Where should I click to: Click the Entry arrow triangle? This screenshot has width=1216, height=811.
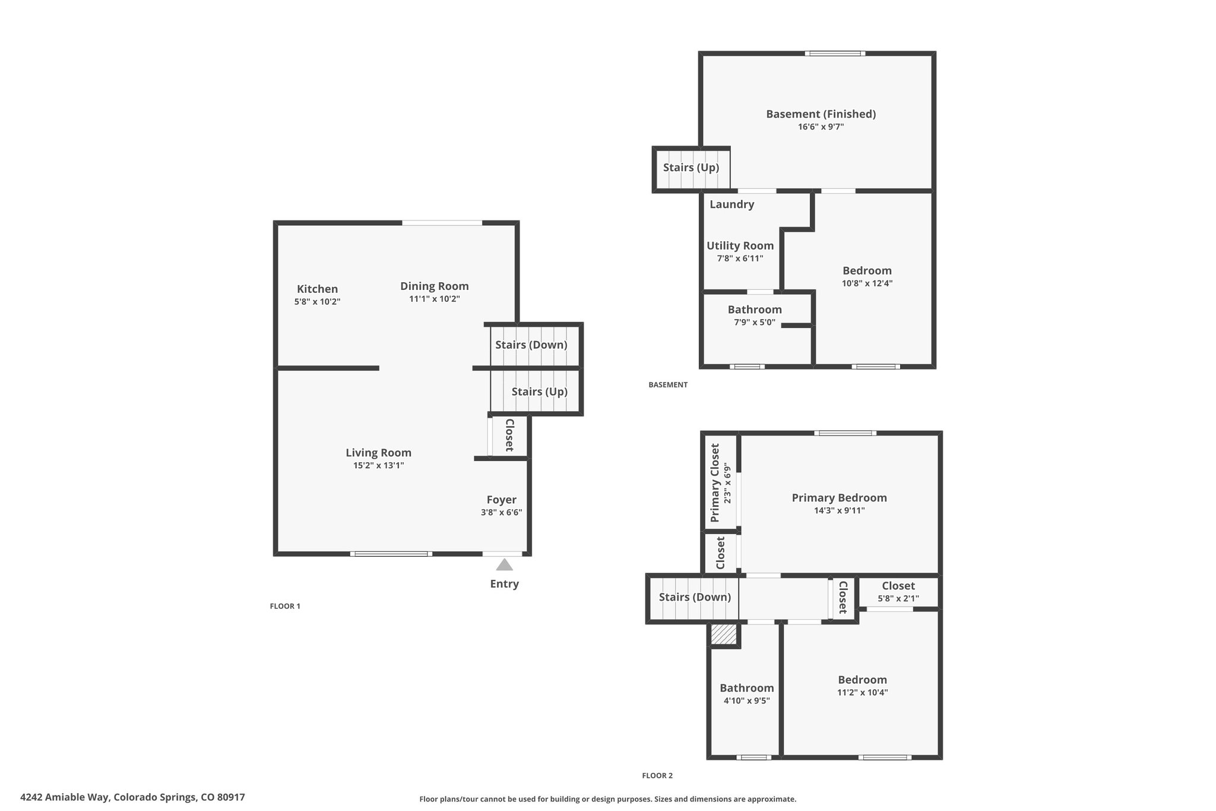coord(504,564)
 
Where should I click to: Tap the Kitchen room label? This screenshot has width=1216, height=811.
coord(317,289)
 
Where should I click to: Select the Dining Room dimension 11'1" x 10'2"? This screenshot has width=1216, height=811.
coord(435,299)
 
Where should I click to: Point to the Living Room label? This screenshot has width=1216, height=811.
coord(379,453)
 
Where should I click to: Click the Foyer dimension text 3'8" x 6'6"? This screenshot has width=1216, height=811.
coord(502,512)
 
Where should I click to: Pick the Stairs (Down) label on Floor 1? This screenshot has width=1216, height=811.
coord(531,345)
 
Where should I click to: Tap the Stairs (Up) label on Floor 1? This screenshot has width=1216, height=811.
coord(540,392)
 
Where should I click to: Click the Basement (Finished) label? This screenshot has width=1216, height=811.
coord(821,114)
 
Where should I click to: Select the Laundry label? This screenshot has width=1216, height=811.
coord(732,204)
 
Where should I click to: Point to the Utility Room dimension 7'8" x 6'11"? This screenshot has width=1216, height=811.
coord(740,258)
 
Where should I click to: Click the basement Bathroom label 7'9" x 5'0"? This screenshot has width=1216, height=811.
coord(755,310)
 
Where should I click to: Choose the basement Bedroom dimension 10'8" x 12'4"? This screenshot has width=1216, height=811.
coord(867,283)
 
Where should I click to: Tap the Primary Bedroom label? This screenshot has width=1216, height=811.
coord(840,498)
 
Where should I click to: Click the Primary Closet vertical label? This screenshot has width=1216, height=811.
coord(715,483)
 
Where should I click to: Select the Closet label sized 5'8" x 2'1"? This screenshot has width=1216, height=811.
coord(898,586)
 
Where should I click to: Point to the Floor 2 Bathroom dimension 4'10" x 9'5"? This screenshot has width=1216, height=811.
coord(747,700)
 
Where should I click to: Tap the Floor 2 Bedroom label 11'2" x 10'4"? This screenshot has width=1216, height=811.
coord(863,680)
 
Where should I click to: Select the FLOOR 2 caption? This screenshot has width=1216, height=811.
coord(657,775)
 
